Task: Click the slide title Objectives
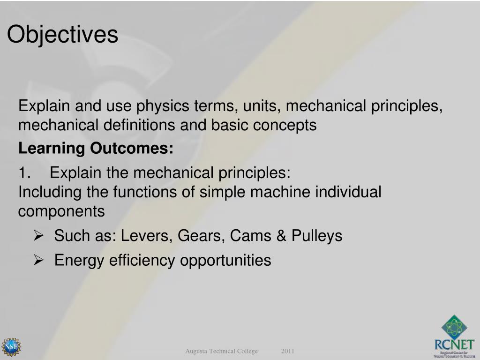coord(62,35)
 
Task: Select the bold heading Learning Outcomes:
coord(96,149)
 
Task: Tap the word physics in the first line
coord(163,106)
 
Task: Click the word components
coord(61,212)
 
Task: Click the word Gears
coord(197,236)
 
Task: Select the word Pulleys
coord(317,236)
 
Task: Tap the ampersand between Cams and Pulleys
coord(281,236)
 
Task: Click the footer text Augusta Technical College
coord(221,351)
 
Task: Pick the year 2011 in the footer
coord(288,351)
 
